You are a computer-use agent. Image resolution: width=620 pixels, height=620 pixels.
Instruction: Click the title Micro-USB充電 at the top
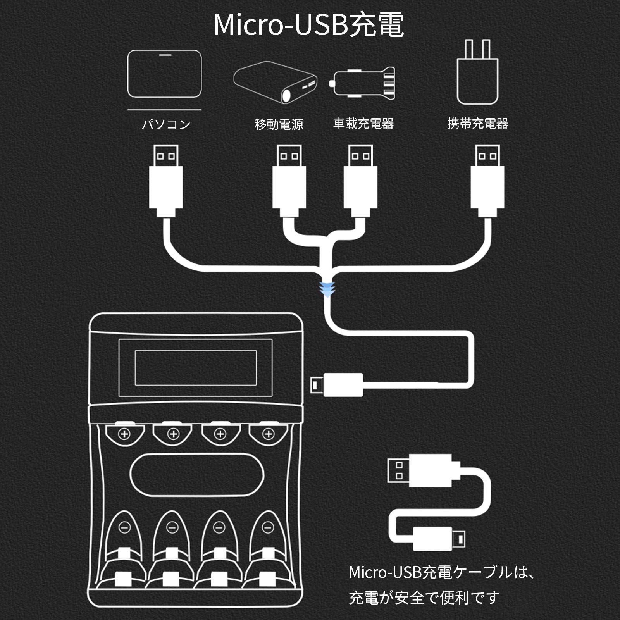tap(309, 25)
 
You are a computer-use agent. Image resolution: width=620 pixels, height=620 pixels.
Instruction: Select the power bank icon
tap(276, 82)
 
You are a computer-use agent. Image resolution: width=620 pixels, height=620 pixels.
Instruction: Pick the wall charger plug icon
tap(477, 74)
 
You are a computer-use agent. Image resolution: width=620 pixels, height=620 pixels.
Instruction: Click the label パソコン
tap(166, 124)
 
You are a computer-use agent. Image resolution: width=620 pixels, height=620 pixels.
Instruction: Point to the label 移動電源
tap(279, 124)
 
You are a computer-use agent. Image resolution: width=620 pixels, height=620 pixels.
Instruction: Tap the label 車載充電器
tap(363, 124)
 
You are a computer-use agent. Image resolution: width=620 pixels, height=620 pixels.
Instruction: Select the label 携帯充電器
tap(477, 124)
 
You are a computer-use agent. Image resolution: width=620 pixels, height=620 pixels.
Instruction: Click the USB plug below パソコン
tap(166, 180)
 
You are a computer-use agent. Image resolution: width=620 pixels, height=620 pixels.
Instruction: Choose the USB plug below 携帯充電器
tap(487, 180)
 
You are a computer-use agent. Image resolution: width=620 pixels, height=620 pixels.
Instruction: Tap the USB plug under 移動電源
tap(289, 180)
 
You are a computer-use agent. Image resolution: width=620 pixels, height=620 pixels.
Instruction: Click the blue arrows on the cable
tap(327, 289)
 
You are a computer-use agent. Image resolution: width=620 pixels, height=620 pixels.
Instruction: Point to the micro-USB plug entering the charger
tap(337, 385)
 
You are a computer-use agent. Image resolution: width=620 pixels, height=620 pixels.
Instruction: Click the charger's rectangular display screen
tap(195, 368)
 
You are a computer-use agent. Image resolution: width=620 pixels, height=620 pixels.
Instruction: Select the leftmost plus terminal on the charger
tap(124, 434)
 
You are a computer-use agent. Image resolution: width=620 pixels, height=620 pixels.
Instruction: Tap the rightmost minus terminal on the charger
tap(267, 527)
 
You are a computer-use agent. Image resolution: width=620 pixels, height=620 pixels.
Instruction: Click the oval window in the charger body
tap(197, 475)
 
